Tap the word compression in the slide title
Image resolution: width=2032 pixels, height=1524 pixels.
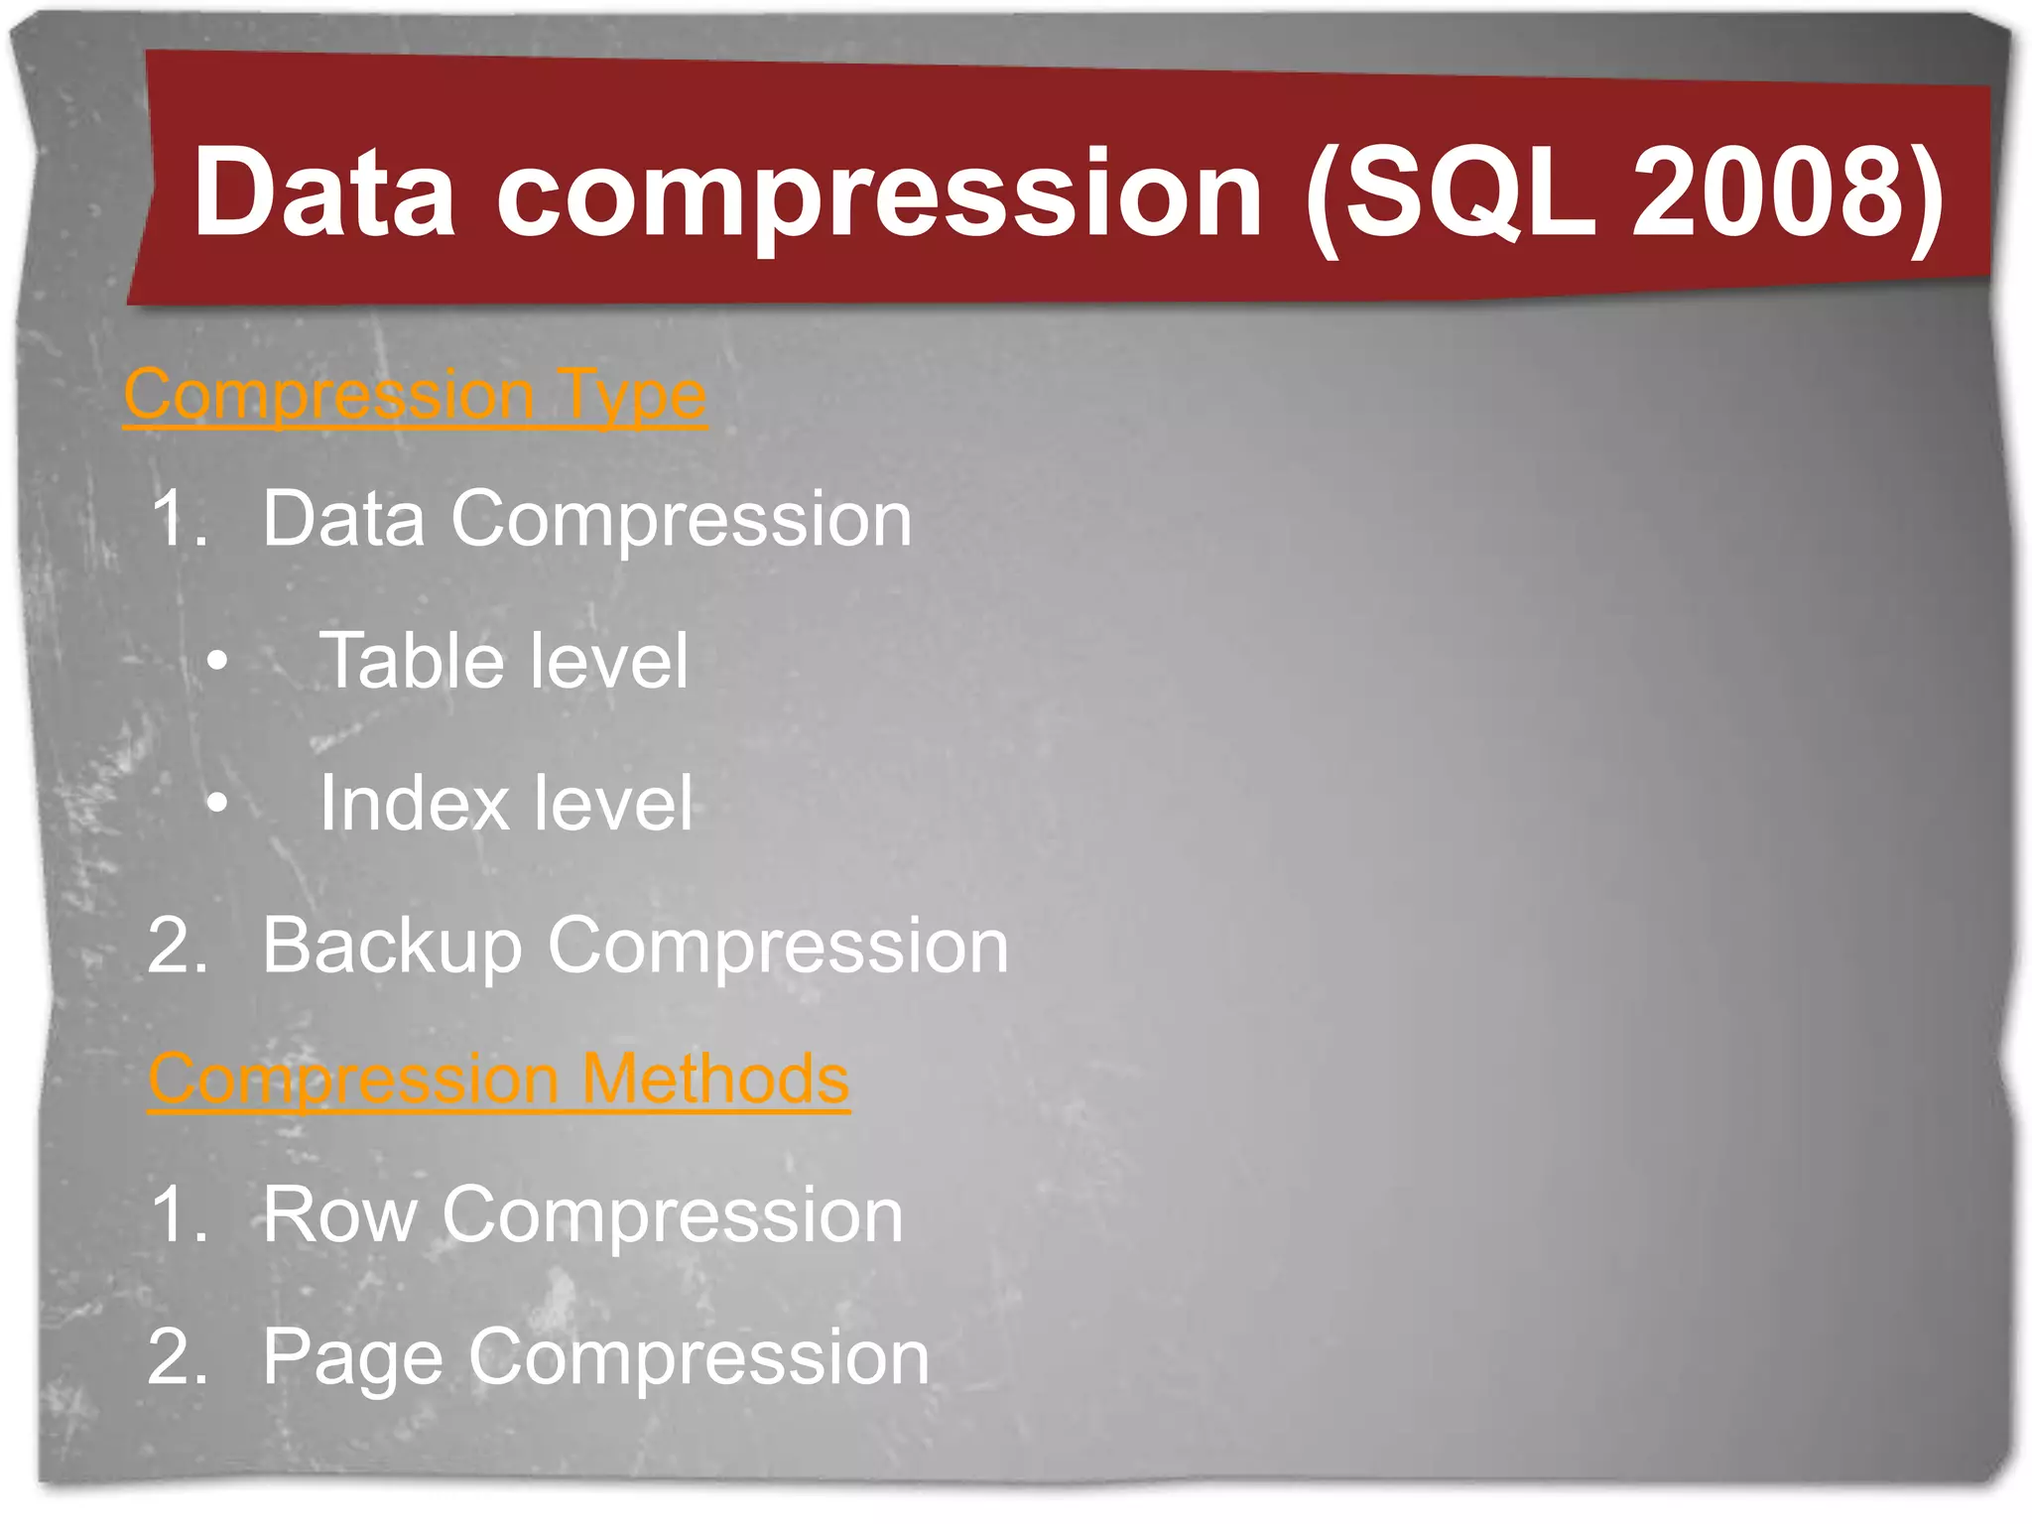pyautogui.click(x=879, y=193)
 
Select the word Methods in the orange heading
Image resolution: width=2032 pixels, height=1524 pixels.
pyautogui.click(x=714, y=1079)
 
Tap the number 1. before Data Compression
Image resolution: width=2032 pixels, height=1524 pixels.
pyautogui.click(x=180, y=518)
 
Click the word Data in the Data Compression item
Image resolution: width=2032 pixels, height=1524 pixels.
pyautogui.click(x=343, y=518)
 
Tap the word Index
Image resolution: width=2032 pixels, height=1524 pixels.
pyautogui.click(x=411, y=802)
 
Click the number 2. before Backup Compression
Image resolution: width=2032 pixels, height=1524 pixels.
pyautogui.click(x=179, y=945)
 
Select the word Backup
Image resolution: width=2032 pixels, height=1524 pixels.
pyautogui.click(x=392, y=947)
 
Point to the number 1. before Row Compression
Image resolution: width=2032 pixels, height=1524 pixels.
pyautogui.click(x=180, y=1214)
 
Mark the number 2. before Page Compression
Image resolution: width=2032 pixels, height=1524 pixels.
pyautogui.click(x=179, y=1356)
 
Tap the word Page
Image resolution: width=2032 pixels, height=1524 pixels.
pyautogui.click(x=352, y=1358)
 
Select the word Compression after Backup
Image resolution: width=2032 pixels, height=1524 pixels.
pyautogui.click(x=778, y=947)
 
